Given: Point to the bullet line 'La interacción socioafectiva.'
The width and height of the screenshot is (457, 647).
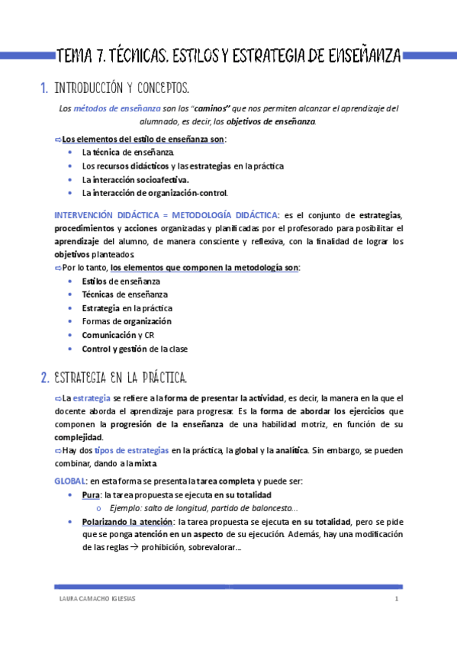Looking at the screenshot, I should coord(135,179).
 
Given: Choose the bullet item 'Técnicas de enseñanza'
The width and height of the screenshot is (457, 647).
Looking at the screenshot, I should coord(124,294).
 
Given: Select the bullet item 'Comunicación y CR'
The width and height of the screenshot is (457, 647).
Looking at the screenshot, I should coord(118,335).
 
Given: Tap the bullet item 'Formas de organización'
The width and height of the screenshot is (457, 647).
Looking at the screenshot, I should coord(126,321).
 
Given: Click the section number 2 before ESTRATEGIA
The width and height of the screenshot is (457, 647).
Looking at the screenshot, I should coord(43,377).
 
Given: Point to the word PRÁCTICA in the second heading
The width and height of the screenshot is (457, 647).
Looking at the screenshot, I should coord(156,377).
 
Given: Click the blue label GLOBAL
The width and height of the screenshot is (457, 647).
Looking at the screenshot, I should coord(69,481).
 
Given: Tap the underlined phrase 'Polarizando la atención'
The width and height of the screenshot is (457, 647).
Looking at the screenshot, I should coord(127,522).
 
